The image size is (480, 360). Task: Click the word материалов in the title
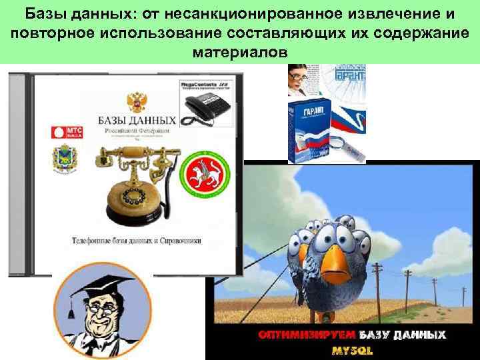[x=239, y=51]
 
